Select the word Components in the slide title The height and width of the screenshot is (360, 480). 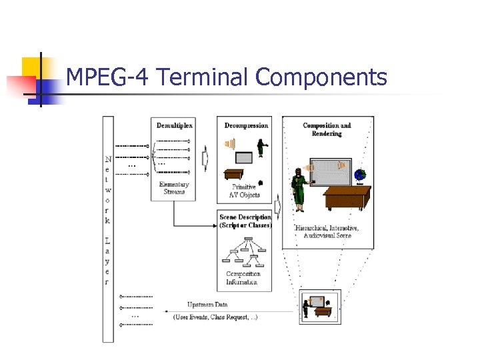coord(321,78)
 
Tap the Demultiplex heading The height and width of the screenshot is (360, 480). coord(175,125)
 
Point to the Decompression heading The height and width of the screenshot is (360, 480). coord(246,125)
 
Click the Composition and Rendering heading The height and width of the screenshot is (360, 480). coord(327,129)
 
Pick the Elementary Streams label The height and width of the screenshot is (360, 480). coord(175,188)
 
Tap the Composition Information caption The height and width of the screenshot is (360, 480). coord(243,278)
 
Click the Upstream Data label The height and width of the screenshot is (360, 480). coord(207,305)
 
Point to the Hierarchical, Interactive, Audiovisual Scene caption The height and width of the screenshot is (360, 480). coord(327,232)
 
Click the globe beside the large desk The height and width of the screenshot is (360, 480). coord(361,176)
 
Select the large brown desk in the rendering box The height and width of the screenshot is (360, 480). coord(347,197)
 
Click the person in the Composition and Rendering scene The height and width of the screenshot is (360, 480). coord(299,187)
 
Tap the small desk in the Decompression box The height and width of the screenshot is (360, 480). coord(233,174)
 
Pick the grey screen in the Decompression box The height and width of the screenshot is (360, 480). coord(245,158)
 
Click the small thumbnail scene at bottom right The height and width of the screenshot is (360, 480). coord(320,306)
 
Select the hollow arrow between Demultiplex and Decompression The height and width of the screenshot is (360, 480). coord(205,159)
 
